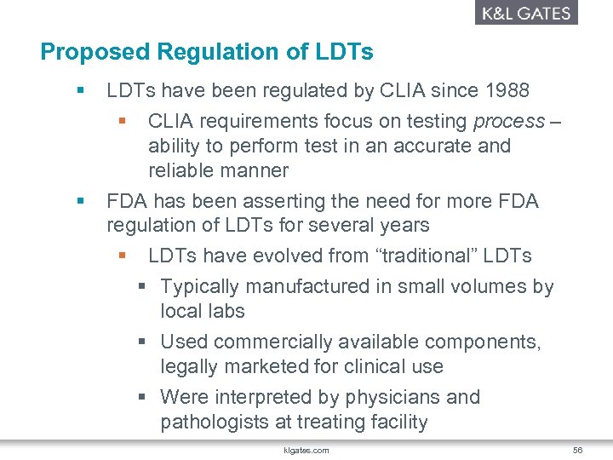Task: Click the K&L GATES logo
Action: pyautogui.click(x=525, y=13)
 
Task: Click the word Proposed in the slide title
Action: pyautogui.click(x=93, y=52)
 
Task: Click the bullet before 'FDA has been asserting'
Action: pyautogui.click(x=81, y=201)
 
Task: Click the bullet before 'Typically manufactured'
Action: pyautogui.click(x=145, y=287)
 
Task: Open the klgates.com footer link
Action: pyautogui.click(x=306, y=450)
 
